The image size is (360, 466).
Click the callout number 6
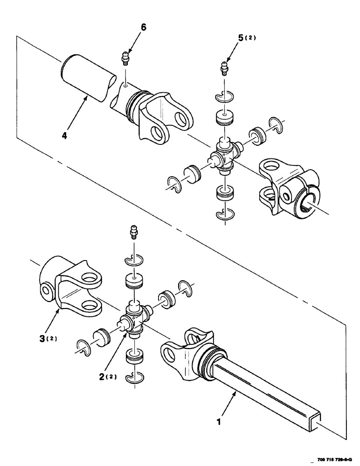pyautogui.click(x=143, y=27)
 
